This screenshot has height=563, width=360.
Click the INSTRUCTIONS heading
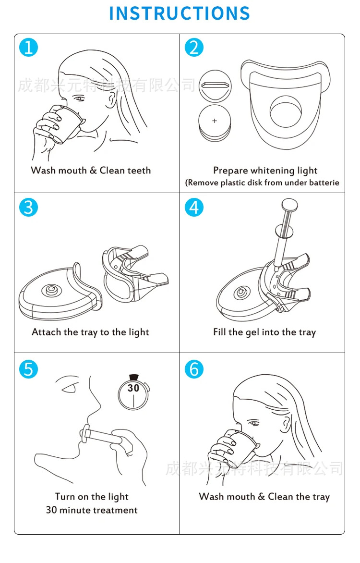180,13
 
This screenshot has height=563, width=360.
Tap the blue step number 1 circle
28,48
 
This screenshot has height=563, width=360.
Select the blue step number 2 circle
194,48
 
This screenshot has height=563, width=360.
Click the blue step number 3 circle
28,207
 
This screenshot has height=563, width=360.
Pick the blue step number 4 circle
194,207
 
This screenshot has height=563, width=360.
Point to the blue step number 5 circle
28,369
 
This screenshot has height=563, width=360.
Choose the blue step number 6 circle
194,369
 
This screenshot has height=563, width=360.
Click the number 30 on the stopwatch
133,388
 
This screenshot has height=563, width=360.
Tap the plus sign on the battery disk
215,121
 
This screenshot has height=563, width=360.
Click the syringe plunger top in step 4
289,206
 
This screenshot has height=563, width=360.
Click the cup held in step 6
241,446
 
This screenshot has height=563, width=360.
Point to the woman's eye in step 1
80,98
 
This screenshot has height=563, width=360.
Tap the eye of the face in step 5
69,388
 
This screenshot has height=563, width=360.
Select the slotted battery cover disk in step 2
215,86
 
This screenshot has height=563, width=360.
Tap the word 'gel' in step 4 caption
252,332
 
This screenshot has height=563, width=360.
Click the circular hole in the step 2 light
285,112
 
